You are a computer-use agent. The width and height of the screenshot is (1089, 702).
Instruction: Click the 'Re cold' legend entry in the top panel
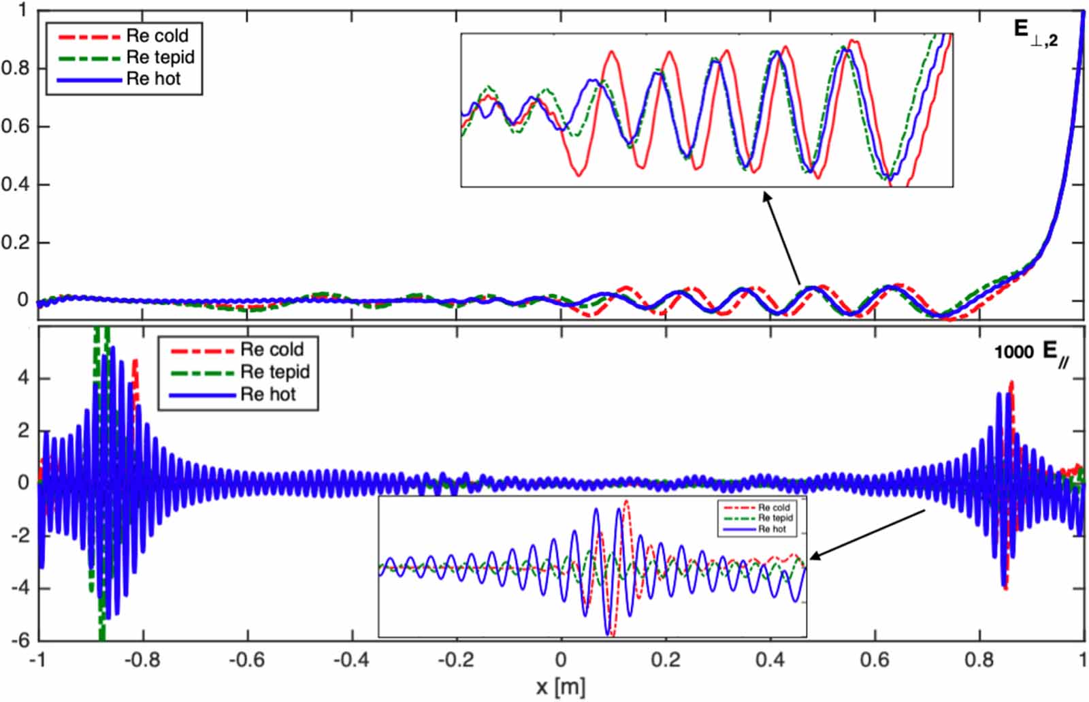click(157, 35)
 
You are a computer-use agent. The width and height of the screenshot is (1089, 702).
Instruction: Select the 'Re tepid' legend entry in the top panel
click(161, 57)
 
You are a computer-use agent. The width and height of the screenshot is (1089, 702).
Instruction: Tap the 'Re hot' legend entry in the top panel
click(154, 79)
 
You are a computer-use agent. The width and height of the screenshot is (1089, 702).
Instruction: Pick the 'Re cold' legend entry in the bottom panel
click(272, 349)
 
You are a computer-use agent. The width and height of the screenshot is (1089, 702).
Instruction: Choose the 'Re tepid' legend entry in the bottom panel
click(275, 372)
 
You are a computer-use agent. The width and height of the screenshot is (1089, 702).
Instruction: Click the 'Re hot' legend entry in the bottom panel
click(268, 394)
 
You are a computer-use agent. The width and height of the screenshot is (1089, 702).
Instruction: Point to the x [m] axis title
click(560, 686)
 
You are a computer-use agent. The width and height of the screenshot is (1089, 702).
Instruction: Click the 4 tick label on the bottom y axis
click(24, 378)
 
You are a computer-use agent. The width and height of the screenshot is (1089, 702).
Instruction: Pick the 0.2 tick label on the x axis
click(665, 659)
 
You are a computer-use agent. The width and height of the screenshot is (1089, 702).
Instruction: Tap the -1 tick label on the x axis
click(37, 659)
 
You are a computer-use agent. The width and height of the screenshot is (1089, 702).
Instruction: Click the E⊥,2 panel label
click(1035, 32)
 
